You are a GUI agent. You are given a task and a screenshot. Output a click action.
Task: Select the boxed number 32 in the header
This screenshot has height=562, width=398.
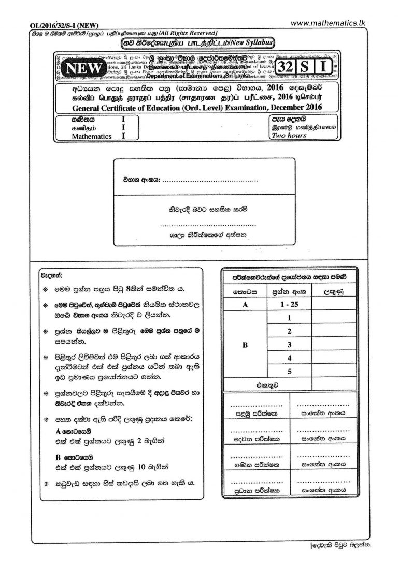286,67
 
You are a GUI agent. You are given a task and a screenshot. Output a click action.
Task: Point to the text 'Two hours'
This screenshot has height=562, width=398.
289,136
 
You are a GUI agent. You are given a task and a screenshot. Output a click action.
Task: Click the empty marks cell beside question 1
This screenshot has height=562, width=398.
332,318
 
